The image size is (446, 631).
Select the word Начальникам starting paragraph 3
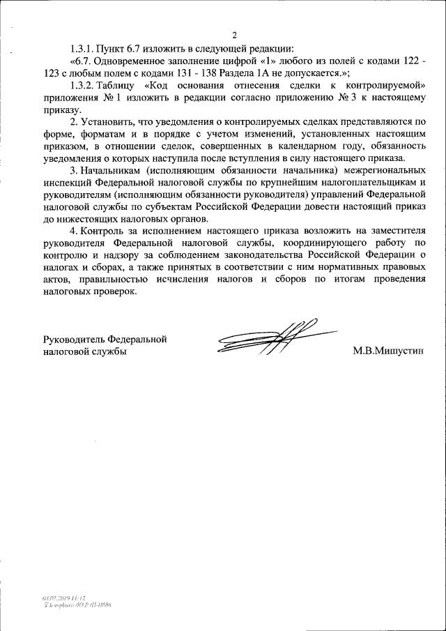point(112,169)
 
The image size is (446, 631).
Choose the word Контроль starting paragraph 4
point(104,230)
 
